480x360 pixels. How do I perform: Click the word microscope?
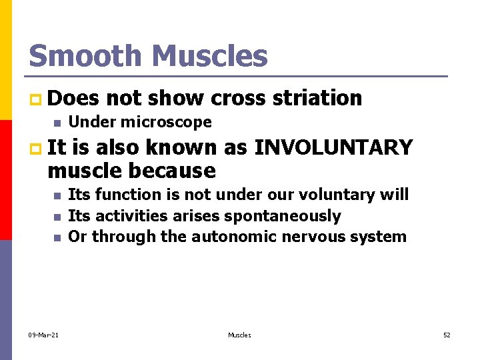pos(167,122)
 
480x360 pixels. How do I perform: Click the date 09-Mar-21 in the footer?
pos(43,335)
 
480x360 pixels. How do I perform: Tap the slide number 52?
pos(447,335)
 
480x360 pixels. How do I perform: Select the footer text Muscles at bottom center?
pos(239,335)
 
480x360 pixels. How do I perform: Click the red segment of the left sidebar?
pos(5,180)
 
